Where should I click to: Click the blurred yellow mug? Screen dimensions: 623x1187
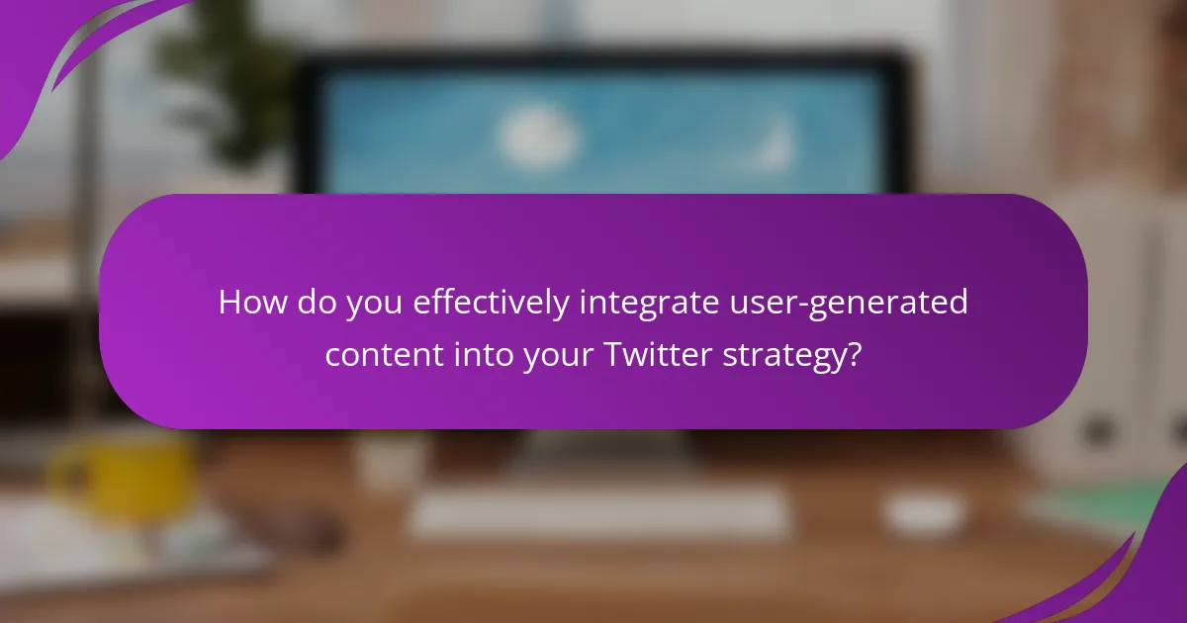pos(123,475)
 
